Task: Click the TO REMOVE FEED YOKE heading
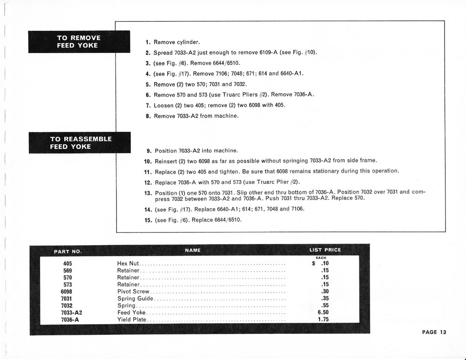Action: tap(78, 41)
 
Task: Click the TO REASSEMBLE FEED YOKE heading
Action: tap(81, 143)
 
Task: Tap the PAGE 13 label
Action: tap(434, 332)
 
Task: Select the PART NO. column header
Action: tap(68, 251)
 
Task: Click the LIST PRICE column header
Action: tap(325, 250)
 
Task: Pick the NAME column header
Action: tap(192, 251)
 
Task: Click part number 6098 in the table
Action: tap(66, 292)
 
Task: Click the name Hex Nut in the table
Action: tap(128, 264)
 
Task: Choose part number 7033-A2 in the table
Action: tap(72, 313)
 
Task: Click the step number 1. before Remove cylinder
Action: tap(148, 42)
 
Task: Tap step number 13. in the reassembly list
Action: tap(148, 192)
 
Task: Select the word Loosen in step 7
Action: tap(164, 105)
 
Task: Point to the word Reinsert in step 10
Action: tap(167, 161)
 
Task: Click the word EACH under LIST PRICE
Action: tap(321, 258)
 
